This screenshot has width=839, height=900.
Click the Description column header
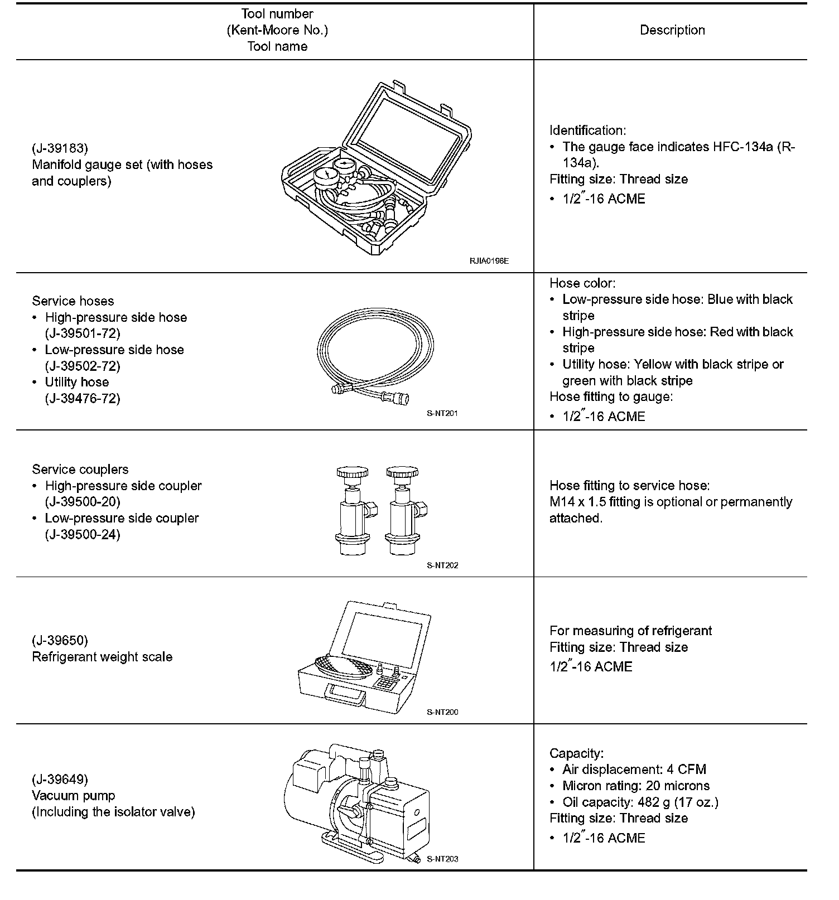coord(672,31)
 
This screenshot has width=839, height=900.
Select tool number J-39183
coord(60,148)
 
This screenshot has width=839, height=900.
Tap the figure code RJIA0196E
coord(489,260)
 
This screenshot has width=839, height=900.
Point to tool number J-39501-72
coord(83,333)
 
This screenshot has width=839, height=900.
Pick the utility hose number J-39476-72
coord(83,398)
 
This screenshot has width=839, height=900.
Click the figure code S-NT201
coord(442,413)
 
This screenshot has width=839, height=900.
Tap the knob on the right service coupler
coord(402,473)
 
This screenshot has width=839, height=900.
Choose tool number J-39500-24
coord(83,534)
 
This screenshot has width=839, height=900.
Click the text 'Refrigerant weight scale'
coord(102,657)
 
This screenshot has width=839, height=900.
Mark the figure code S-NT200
coord(442,712)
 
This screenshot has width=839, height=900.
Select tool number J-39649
coord(60,779)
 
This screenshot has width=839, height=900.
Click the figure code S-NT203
coord(442,859)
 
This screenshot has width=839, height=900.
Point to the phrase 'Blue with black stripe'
coord(750,299)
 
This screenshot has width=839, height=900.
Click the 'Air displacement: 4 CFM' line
coord(634,770)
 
